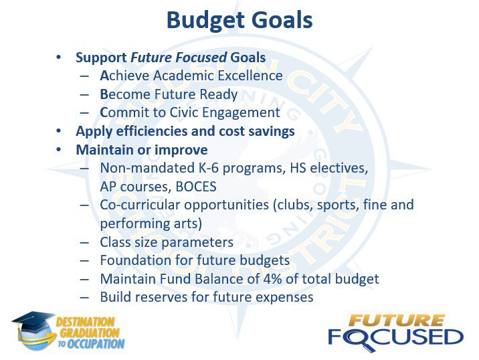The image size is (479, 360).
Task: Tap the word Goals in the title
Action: pos(278,20)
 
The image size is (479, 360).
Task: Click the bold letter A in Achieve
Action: pos(104,76)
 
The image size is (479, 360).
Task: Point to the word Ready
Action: pos(218,95)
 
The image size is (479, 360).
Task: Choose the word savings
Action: pos(272,132)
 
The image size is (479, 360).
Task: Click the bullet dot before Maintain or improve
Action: pos(59,150)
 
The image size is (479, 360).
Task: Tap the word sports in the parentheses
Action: pos(338,205)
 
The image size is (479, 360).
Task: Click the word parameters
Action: pos(197,243)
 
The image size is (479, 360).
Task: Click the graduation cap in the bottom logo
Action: pos(33,322)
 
